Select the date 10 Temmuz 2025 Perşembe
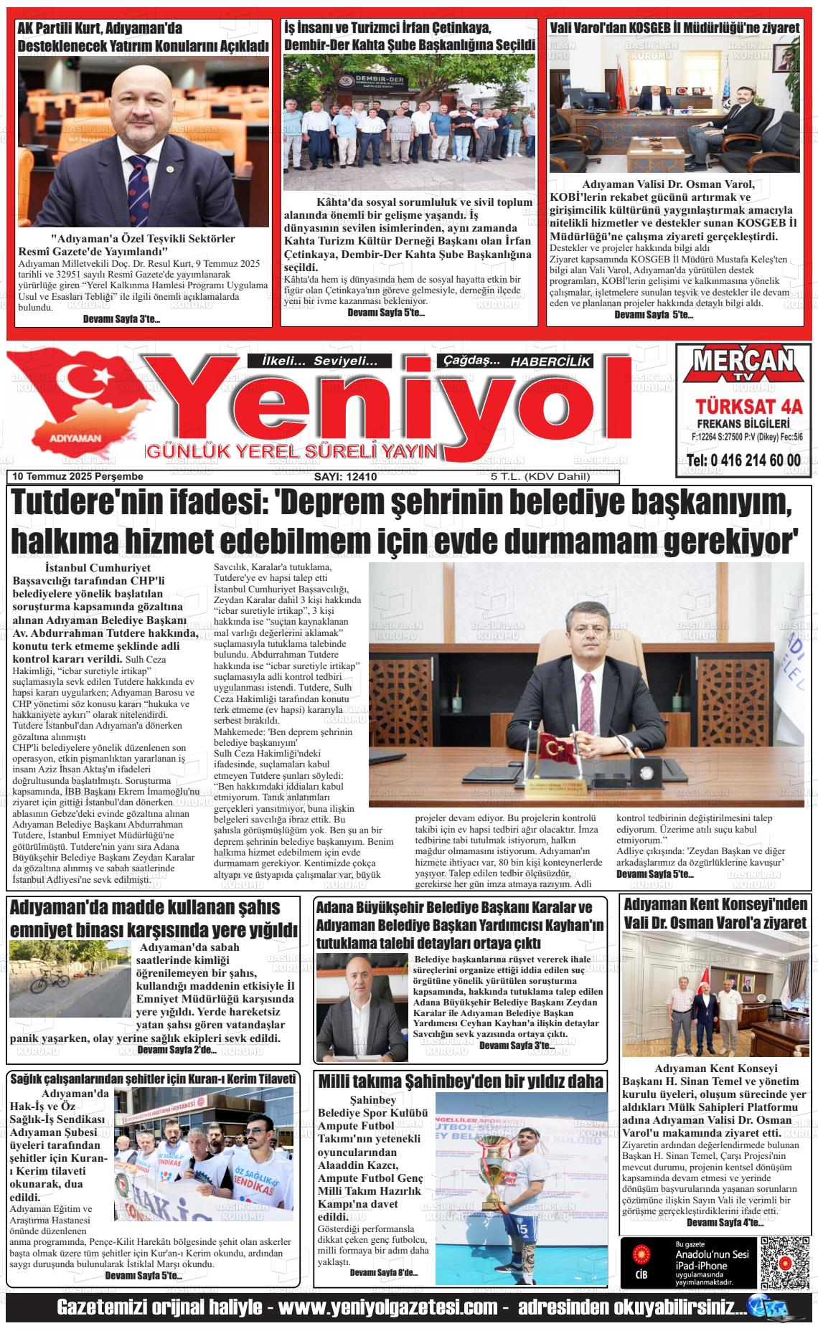tap(77, 477)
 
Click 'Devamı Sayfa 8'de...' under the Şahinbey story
tap(383, 1272)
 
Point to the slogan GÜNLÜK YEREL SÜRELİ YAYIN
tap(291, 452)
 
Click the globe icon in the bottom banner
tap(774, 1308)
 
